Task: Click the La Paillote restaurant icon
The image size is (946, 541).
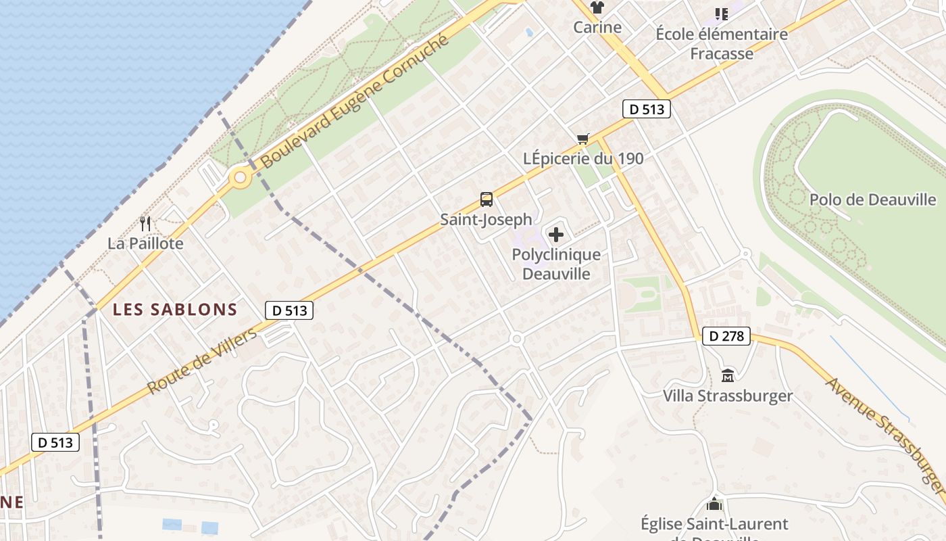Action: [x=145, y=223]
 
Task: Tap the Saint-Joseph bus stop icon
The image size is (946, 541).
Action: [x=487, y=199]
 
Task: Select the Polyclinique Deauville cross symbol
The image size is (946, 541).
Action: [x=556, y=235]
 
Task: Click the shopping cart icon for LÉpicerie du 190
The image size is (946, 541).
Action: [x=583, y=139]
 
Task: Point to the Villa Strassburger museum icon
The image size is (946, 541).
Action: [x=728, y=375]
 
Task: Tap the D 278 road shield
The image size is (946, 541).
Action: [x=727, y=336]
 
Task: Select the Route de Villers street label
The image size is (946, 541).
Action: [x=202, y=361]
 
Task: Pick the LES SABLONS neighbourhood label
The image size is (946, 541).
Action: [x=175, y=310]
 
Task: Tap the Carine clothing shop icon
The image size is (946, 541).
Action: [x=597, y=8]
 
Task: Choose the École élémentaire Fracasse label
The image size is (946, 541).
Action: [x=722, y=43]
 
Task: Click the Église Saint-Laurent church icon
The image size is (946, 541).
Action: [x=714, y=504]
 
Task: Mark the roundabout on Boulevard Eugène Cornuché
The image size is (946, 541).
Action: [x=240, y=179]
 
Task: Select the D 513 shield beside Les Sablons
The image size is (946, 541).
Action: [x=290, y=310]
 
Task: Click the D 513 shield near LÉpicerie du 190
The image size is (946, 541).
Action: [x=647, y=109]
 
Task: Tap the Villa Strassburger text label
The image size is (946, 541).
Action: [x=728, y=396]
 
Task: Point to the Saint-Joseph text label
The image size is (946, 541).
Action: [x=487, y=220]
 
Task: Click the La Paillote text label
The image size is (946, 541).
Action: [x=145, y=243]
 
